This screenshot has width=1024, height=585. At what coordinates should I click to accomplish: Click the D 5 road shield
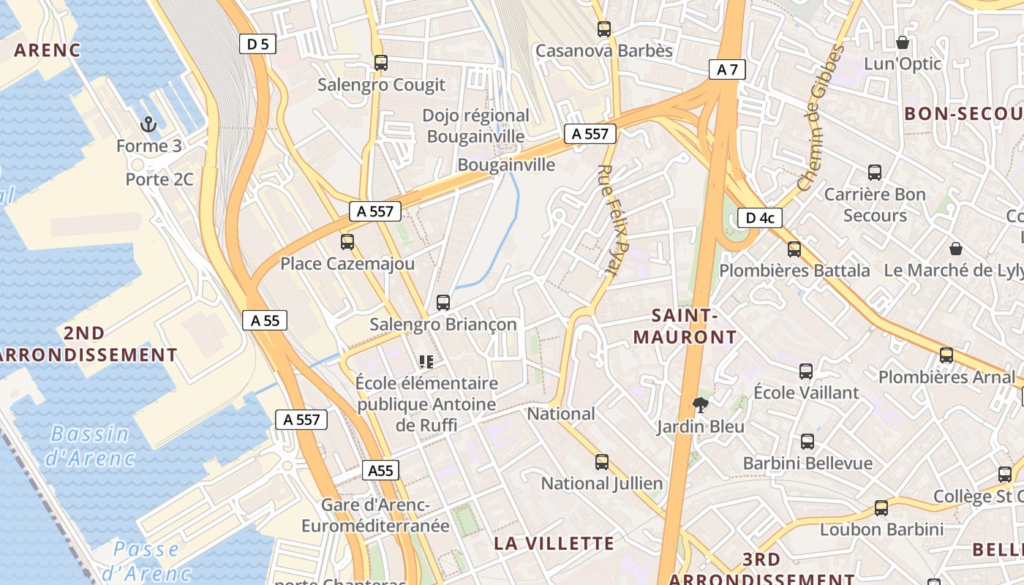pyautogui.click(x=257, y=44)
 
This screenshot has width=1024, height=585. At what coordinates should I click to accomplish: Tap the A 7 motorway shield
pyautogui.click(x=727, y=69)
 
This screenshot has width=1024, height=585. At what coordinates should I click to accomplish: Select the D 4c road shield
pyautogui.click(x=760, y=217)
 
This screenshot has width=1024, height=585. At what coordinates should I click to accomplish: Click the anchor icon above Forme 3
pyautogui.click(x=148, y=124)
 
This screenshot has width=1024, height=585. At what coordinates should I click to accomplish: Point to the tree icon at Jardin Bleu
pyautogui.click(x=701, y=404)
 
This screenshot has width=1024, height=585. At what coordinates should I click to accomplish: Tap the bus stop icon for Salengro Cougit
pyautogui.click(x=380, y=63)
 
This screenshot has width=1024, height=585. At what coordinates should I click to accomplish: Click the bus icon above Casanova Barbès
pyautogui.click(x=603, y=29)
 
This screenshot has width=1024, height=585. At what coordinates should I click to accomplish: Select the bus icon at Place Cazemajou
pyautogui.click(x=347, y=241)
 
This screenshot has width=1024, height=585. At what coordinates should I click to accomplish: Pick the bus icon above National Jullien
pyautogui.click(x=601, y=461)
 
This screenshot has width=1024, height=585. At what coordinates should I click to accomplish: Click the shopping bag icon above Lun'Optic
pyautogui.click(x=903, y=42)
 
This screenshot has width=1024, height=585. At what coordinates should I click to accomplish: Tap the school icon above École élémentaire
pyautogui.click(x=426, y=361)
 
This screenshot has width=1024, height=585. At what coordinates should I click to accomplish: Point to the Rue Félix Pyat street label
pyautogui.click(x=613, y=219)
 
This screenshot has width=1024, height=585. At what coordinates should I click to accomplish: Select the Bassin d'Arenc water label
pyautogui.click(x=90, y=445)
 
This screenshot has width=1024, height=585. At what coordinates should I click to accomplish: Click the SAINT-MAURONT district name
pyautogui.click(x=685, y=326)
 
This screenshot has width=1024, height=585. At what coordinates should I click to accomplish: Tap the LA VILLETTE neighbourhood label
pyautogui.click(x=554, y=543)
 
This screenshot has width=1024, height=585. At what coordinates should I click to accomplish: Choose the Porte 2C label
pyautogui.click(x=159, y=179)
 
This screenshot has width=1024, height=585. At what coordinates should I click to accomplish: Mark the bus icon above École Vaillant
pyautogui.click(x=805, y=371)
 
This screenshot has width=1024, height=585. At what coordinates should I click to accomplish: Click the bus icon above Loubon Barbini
pyautogui.click(x=881, y=507)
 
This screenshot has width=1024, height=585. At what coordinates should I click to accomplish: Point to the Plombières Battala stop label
pyautogui.click(x=794, y=271)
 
